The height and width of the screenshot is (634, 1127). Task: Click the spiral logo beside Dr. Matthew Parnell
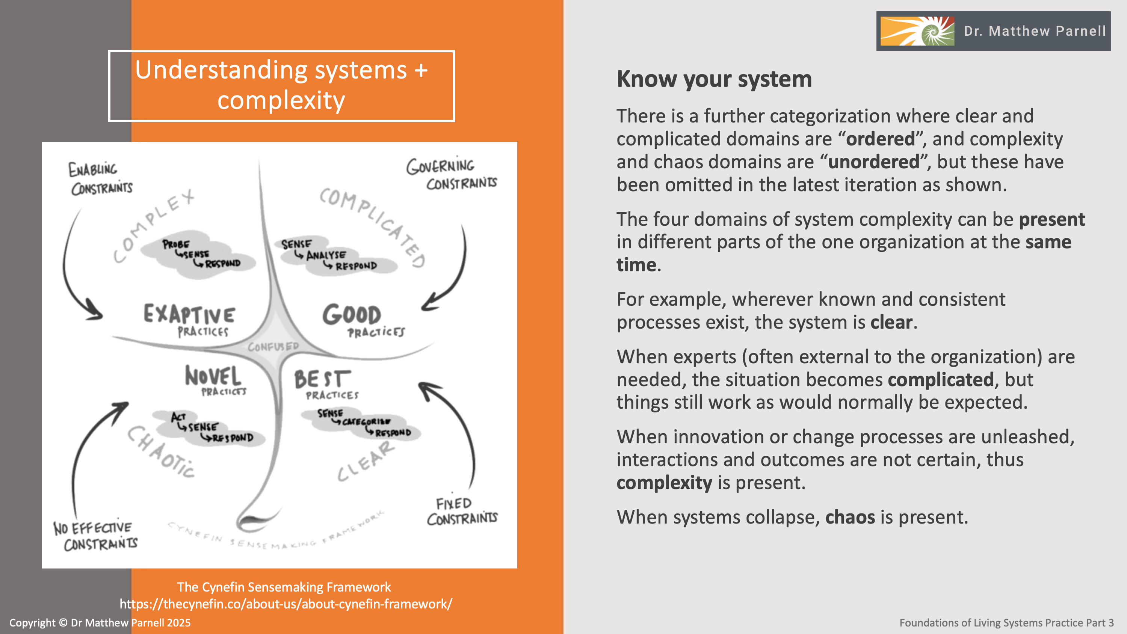[x=917, y=31]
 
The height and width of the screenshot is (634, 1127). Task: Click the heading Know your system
[x=714, y=79]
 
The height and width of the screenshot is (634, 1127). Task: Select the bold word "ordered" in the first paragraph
[x=880, y=139]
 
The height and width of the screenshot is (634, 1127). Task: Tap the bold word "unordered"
[x=874, y=162]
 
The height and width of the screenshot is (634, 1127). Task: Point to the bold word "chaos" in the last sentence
[x=850, y=517]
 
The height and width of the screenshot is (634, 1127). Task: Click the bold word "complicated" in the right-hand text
[x=941, y=380]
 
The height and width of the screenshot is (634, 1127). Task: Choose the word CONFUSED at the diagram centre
[x=273, y=347]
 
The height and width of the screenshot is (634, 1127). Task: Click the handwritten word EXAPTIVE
[x=189, y=314]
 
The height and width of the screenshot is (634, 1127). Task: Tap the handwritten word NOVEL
[x=213, y=376]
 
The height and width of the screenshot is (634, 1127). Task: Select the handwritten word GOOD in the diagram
[x=352, y=315]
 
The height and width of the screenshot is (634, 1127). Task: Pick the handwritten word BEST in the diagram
[x=322, y=379]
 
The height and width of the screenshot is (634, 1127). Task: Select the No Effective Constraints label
[x=95, y=536]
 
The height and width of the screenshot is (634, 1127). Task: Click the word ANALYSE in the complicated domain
[x=326, y=255]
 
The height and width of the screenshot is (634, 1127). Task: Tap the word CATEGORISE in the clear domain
[x=366, y=422]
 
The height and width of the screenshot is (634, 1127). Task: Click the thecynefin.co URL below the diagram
[x=286, y=604]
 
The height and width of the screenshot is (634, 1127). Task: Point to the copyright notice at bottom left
[x=100, y=623]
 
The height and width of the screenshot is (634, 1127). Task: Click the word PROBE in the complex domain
[x=176, y=244]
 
